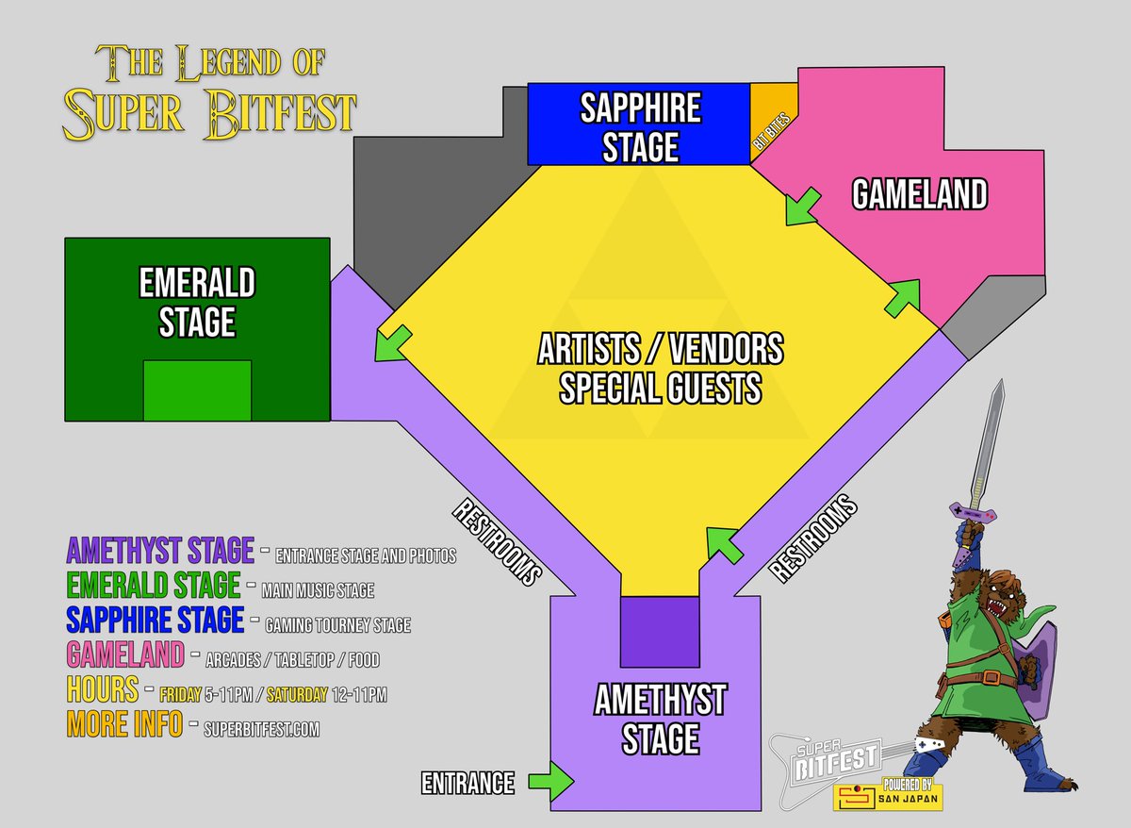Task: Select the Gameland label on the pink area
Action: (x=919, y=194)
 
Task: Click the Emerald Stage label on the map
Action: (x=197, y=302)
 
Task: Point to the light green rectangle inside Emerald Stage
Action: (x=197, y=390)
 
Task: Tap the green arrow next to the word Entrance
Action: (x=551, y=780)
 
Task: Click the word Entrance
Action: (x=467, y=782)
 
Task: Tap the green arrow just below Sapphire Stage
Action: (x=802, y=207)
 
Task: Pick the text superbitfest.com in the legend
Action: (x=261, y=729)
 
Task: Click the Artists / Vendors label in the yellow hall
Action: (x=660, y=351)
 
